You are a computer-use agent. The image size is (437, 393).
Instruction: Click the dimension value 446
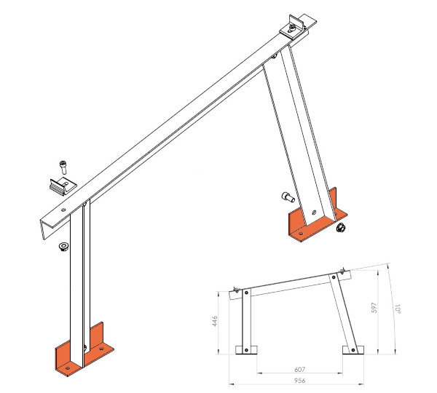[x=214, y=321]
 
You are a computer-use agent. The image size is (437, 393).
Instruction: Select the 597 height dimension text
[x=374, y=308]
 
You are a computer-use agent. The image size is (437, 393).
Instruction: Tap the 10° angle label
[x=398, y=309]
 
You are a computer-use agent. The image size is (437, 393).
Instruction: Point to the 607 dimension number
[x=299, y=370]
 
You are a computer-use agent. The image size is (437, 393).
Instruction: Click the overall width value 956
[x=299, y=381]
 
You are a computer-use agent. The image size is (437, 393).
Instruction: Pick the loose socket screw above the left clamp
[x=63, y=167]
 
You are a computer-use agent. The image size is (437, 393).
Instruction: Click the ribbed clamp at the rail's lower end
[x=63, y=186]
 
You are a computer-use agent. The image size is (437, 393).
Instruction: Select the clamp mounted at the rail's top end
[x=294, y=28]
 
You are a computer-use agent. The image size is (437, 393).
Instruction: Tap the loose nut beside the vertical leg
[x=64, y=247]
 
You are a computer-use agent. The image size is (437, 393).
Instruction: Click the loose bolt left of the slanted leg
[x=288, y=197]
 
